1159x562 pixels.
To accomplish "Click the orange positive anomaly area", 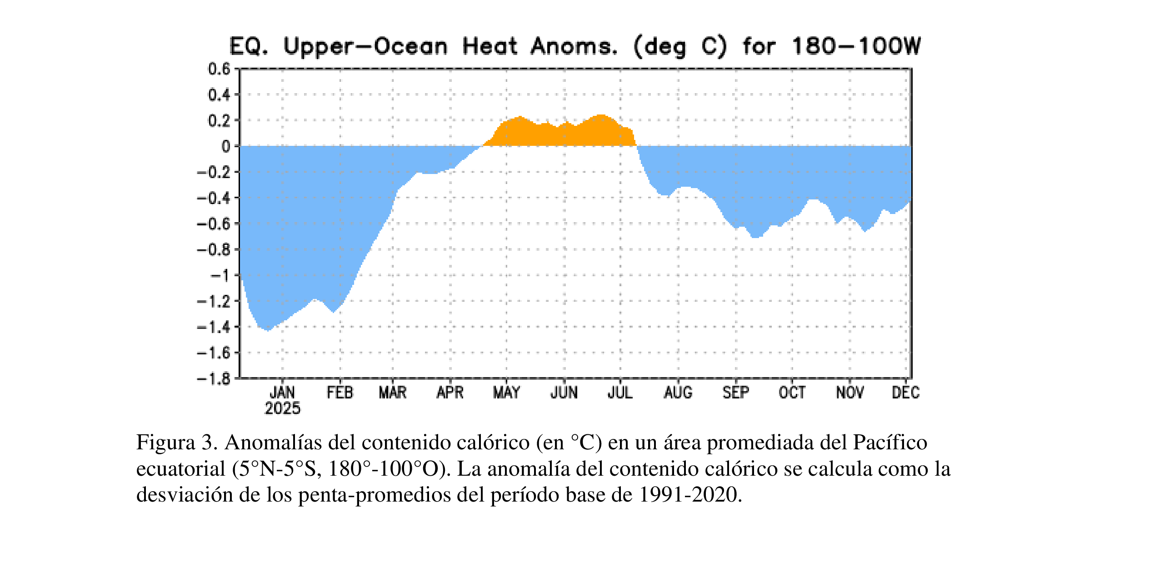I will pos(559,134).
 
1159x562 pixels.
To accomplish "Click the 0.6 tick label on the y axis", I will pos(219,69).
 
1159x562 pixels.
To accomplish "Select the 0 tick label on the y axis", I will pos(226,146).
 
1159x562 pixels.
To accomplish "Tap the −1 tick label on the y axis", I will pos(220,275).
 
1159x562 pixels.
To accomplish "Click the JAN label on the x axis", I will pos(282,392).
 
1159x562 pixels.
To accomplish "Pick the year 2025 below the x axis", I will pos(282,408).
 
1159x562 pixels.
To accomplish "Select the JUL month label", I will pos(620,392).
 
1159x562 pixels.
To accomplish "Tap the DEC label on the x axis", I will pos(905,392).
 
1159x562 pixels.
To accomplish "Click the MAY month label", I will pos(506,392).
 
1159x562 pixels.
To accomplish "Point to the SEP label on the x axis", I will pos(735,392).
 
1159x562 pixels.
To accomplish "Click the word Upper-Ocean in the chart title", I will pos(365,46).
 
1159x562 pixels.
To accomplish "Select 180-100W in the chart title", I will pos(856,46).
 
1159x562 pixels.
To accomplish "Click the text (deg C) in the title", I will pos(680,46).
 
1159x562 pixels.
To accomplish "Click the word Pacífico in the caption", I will pos(889,442).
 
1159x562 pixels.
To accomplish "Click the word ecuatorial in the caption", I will pos(181,468).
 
